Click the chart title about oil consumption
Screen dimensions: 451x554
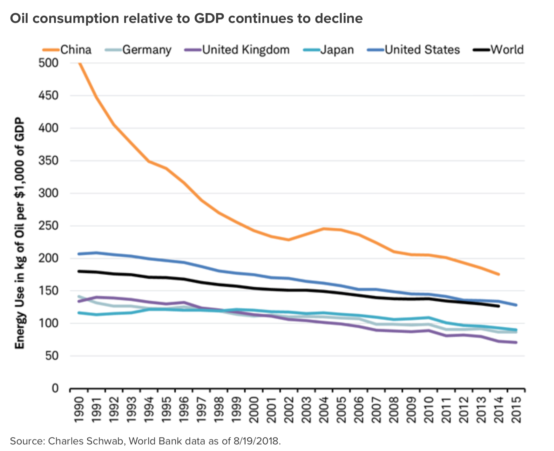click(186, 18)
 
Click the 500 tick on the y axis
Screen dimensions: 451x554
click(48, 63)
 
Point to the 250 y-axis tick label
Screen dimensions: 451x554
click(48, 226)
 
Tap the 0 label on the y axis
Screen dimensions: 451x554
click(55, 388)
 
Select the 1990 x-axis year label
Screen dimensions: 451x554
click(78, 409)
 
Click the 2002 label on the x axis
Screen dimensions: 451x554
click(289, 409)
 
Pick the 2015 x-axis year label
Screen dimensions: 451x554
click(517, 409)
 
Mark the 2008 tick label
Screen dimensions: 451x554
click(394, 409)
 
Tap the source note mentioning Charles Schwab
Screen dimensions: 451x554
click(145, 441)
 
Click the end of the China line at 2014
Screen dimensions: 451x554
click(499, 274)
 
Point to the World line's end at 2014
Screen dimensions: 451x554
click(499, 306)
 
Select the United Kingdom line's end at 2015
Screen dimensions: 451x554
click(516, 343)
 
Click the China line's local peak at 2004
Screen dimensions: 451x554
click(324, 229)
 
